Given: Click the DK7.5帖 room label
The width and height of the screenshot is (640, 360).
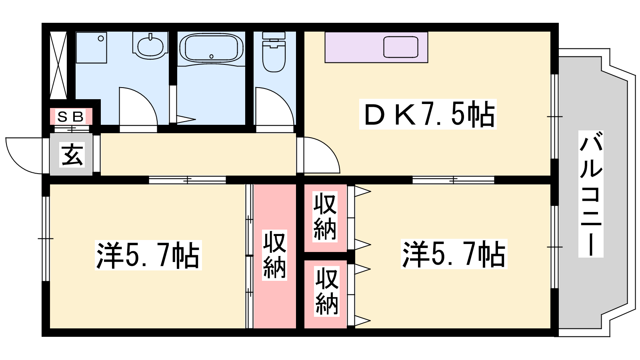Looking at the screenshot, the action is (x=428, y=114).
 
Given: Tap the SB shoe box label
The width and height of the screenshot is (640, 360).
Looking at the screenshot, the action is (x=70, y=116).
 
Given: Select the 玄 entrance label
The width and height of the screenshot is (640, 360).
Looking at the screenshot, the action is (x=72, y=154).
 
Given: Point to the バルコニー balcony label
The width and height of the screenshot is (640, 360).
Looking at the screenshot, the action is (x=591, y=194).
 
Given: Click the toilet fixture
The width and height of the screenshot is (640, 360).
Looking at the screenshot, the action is (x=274, y=52).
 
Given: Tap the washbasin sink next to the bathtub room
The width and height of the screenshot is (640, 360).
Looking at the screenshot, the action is (x=150, y=45).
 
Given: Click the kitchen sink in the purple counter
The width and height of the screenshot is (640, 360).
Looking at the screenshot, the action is (x=400, y=47).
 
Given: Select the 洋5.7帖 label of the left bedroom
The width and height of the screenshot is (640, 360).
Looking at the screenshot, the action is (x=148, y=255).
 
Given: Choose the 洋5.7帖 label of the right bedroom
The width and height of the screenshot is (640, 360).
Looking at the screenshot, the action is (x=454, y=254).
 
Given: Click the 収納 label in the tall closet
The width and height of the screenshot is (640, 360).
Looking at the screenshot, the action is (x=274, y=255).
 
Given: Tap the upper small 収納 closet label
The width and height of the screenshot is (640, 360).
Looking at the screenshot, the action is (x=325, y=217).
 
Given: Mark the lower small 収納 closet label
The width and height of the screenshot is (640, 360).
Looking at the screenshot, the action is (x=326, y=291).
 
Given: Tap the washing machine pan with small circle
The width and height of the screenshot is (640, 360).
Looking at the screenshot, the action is (x=91, y=48).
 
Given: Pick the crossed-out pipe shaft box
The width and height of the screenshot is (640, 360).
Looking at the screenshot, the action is (x=58, y=65).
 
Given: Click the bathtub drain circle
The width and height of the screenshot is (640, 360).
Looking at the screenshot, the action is (x=212, y=56).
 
